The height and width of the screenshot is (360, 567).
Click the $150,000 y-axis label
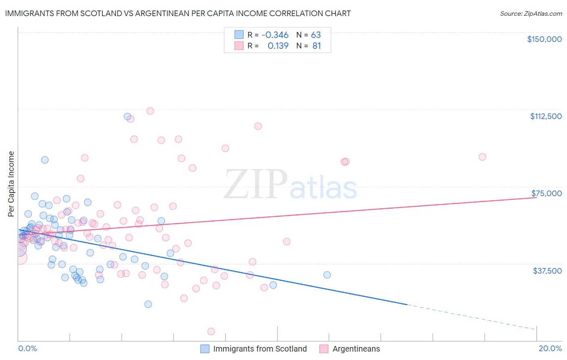544,39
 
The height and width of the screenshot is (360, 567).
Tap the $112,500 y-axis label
546,116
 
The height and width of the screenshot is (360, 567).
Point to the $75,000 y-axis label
546,193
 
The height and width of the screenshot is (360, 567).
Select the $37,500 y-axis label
547,271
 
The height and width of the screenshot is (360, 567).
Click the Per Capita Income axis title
11,184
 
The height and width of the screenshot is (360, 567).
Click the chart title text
178,13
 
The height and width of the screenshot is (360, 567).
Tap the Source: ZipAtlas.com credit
531,13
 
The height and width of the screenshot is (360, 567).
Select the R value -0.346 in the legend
275,35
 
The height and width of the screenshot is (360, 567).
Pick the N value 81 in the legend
317,46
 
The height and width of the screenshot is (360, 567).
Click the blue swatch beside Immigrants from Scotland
205,349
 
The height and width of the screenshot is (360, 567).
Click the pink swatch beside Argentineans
323,349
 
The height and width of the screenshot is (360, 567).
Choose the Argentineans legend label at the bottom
356,349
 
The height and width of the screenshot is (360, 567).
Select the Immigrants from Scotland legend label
260,349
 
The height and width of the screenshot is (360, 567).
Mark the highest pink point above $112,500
150,111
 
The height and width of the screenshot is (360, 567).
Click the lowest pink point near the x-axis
211,331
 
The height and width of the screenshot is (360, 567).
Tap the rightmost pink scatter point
482,157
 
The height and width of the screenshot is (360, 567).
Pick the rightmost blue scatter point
327,275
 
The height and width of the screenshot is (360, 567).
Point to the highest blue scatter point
127,117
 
